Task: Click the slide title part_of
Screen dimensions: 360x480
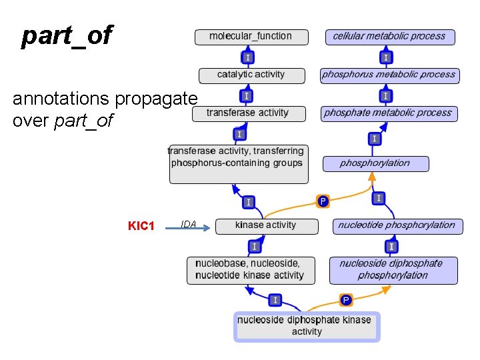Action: [67, 36]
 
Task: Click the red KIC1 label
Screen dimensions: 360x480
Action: [141, 226]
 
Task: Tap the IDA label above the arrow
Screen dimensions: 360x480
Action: [189, 225]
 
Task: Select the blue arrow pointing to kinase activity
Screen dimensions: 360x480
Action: [197, 228]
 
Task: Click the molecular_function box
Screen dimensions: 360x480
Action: [251, 37]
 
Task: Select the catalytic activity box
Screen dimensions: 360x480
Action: [251, 75]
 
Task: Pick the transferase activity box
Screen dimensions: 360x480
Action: [249, 113]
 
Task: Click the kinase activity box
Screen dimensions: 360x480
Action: [265, 225]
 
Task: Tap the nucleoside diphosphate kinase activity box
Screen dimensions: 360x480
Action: [307, 326]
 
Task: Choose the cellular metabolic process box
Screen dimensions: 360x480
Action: [389, 37]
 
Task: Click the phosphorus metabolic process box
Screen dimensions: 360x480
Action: [389, 75]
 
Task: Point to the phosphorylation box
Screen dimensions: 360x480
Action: [375, 163]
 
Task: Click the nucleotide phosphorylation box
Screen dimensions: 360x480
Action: [395, 225]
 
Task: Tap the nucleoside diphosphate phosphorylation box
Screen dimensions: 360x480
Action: [393, 270]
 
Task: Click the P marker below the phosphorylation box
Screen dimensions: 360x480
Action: [323, 201]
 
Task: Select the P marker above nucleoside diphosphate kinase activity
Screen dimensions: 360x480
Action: [346, 300]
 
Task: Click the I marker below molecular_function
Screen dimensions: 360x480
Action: [247, 58]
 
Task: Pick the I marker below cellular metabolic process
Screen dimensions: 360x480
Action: [386, 58]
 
